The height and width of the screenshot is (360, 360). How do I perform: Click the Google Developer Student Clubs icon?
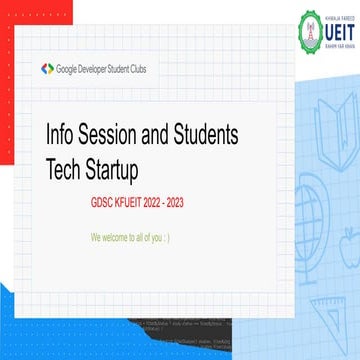pos(47,68)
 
